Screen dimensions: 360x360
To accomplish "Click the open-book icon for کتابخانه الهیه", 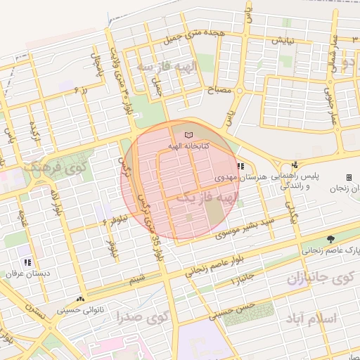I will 187,134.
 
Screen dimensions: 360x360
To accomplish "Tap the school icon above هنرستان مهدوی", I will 241,167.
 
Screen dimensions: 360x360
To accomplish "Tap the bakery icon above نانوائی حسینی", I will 81,298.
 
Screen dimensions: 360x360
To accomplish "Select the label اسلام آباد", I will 312,319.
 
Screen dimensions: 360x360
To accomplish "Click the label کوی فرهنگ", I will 54,168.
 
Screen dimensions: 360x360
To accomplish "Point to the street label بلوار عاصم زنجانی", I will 215,267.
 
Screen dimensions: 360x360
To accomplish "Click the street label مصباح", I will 220,91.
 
